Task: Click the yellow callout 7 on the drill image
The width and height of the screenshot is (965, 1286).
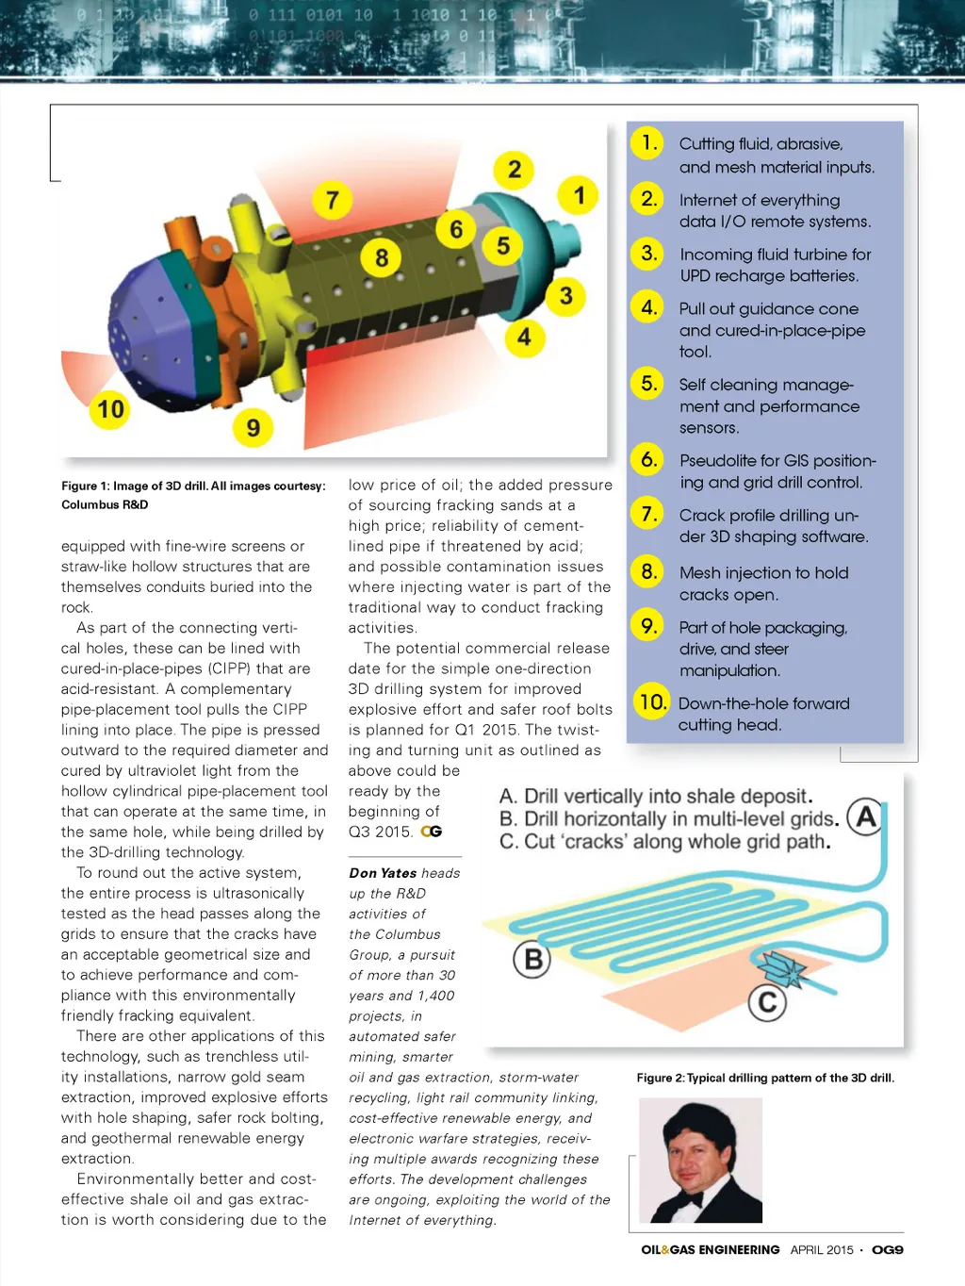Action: [x=332, y=200]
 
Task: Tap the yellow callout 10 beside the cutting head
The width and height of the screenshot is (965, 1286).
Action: [x=110, y=409]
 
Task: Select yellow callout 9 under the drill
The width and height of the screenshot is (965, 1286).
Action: [x=253, y=428]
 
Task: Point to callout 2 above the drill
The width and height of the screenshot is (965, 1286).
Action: [x=514, y=170]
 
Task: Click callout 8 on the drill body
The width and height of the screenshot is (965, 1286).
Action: [x=381, y=257]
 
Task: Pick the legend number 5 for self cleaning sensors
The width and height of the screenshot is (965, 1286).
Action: [x=648, y=384]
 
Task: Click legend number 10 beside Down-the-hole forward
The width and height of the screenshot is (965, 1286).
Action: [x=651, y=702]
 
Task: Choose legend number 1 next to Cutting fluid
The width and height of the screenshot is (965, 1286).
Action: [x=647, y=143]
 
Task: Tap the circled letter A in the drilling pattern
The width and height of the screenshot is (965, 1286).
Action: [x=865, y=816]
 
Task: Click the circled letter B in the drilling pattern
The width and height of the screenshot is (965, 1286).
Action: [x=532, y=959]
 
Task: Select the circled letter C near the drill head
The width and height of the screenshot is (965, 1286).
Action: [x=767, y=1001]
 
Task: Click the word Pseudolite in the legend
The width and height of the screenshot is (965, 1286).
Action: [x=717, y=461]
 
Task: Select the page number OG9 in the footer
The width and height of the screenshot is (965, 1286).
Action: [x=887, y=1250]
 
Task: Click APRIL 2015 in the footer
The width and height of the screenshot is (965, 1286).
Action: [x=822, y=1250]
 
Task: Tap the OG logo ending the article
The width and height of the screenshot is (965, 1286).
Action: [x=432, y=832]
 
